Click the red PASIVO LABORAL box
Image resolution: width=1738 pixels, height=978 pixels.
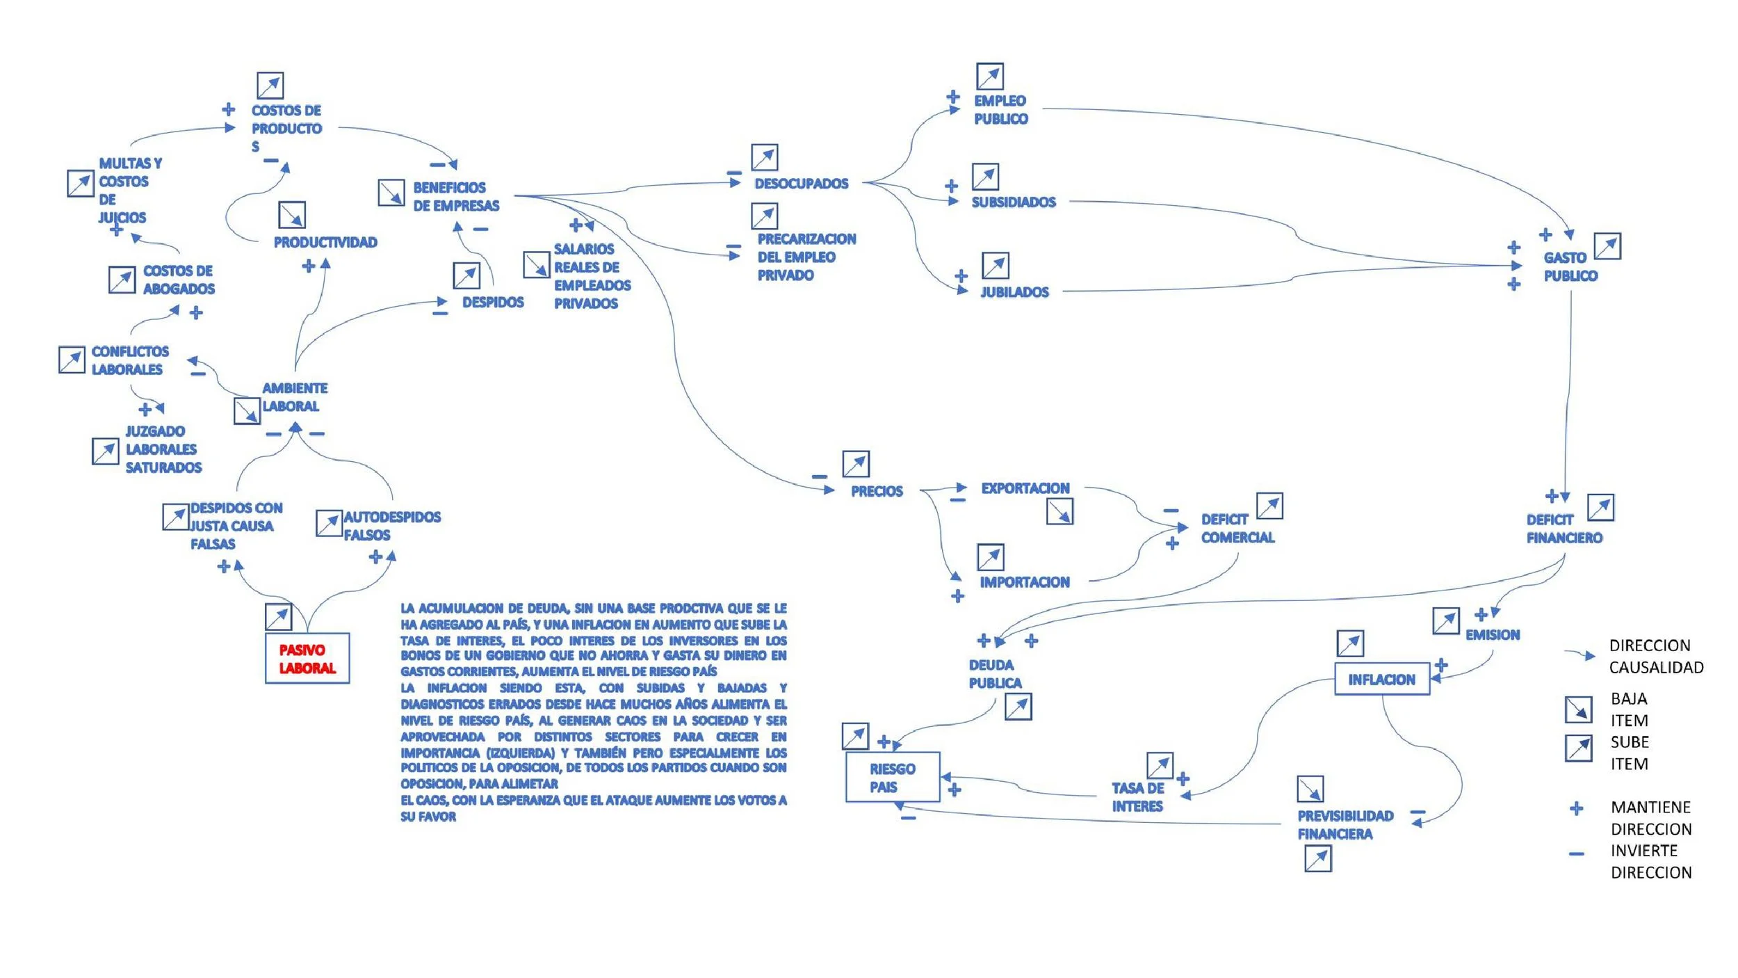(307, 658)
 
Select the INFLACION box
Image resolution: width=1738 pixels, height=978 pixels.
(1381, 679)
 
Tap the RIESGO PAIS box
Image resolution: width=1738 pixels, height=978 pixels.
(893, 777)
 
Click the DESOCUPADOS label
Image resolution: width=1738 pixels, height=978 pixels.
(801, 184)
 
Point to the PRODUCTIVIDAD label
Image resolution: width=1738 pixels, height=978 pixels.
(325, 242)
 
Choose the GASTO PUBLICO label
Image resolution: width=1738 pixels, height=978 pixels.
(1570, 266)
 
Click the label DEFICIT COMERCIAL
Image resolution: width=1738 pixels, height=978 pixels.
(1237, 528)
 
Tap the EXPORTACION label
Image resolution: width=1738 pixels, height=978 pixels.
(1025, 488)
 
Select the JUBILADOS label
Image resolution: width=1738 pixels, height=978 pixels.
(1014, 292)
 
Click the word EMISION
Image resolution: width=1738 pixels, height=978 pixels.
(1492, 634)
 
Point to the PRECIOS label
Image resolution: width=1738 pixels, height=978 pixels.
(877, 491)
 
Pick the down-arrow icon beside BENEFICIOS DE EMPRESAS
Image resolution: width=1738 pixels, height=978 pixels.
(391, 193)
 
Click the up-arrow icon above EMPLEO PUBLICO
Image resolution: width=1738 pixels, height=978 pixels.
(989, 76)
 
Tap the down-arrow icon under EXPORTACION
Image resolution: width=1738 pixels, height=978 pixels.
(1059, 511)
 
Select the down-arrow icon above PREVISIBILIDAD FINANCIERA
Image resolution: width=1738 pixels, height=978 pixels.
(1310, 789)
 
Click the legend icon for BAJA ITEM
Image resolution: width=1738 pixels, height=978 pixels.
(1578, 709)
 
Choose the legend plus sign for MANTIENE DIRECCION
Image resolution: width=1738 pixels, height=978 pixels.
(1577, 808)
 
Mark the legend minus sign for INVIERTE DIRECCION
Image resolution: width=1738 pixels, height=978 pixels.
(1577, 853)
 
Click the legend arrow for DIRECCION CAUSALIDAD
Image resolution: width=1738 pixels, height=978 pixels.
(1580, 655)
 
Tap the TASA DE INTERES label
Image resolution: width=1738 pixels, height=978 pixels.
(1137, 796)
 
